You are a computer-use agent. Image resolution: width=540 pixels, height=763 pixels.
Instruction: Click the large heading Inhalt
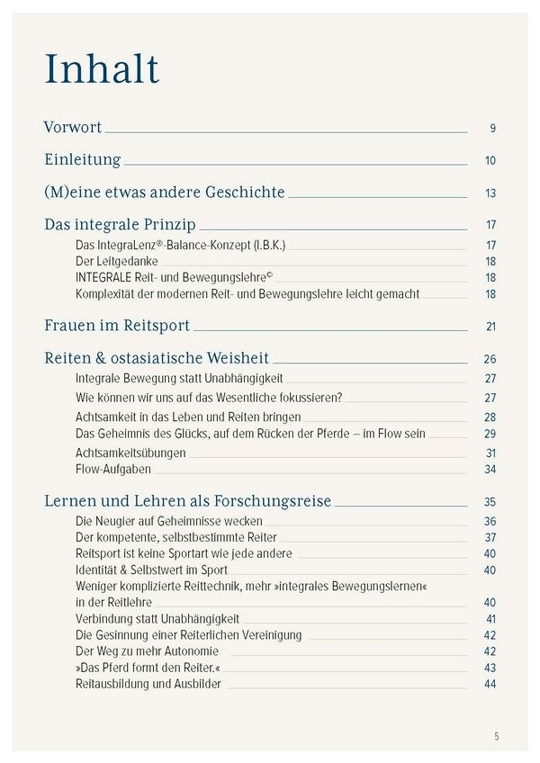point(102,69)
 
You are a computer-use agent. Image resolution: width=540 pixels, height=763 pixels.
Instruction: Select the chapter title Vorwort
point(73,128)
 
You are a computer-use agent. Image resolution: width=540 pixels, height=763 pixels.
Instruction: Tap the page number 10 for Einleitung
point(490,161)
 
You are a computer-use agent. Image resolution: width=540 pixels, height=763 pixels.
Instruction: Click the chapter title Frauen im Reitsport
point(116,326)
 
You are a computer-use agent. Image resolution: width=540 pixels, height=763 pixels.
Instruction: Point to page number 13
point(490,193)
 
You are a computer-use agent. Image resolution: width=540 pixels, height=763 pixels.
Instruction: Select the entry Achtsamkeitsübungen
point(130,453)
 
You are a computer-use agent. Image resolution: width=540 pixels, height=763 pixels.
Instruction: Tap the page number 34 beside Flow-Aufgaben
point(490,470)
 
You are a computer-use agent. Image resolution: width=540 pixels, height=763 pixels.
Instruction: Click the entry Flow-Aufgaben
point(113,469)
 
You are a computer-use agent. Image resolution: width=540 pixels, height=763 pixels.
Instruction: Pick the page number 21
point(490,327)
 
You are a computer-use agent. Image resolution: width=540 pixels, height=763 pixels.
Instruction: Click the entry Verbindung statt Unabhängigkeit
point(157,618)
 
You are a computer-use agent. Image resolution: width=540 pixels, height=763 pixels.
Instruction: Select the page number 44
point(490,685)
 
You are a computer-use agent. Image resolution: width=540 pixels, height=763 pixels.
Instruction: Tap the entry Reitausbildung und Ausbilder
point(148,684)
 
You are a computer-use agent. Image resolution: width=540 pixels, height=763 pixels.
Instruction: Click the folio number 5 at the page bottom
point(495,736)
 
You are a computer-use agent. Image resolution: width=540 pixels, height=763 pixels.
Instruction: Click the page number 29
point(490,435)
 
